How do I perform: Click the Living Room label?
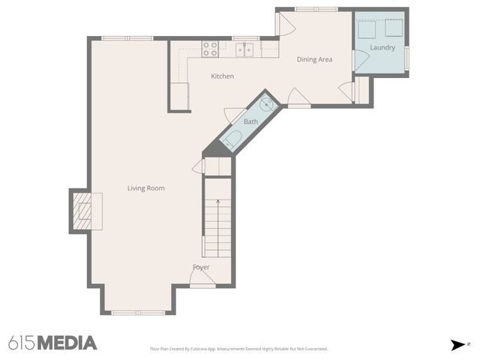coord(145,188)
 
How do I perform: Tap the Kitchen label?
coord(222,76)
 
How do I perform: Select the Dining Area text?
coord(314,59)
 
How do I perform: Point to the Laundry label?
coord(382,48)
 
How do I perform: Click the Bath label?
coord(250,121)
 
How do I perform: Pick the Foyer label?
coord(201,267)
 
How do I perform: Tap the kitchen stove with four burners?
coord(211,49)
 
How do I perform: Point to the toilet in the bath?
coord(232,139)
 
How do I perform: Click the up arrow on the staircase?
coord(217,202)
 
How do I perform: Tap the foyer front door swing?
coord(201,278)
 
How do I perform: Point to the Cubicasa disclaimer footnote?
coord(238,349)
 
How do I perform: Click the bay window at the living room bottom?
coord(138,311)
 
